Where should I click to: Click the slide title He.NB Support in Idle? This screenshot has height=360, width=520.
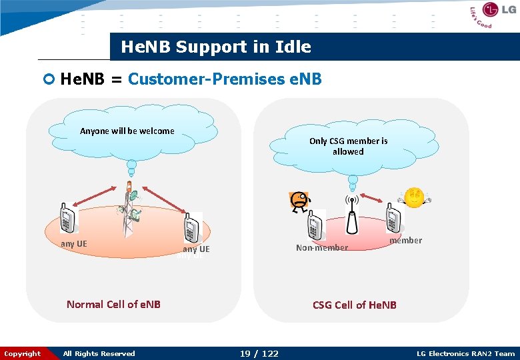pyautogui.click(x=215, y=47)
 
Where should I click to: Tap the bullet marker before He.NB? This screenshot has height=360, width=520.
pyautogui.click(x=48, y=79)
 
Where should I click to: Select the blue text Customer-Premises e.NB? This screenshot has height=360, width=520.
pyautogui.click(x=225, y=79)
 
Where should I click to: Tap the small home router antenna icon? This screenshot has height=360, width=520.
pyautogui.click(x=351, y=213)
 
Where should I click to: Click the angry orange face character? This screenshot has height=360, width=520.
pyautogui.click(x=300, y=201)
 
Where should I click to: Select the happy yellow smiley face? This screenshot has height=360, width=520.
pyautogui.click(x=415, y=198)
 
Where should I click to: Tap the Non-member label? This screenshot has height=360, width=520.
pyautogui.click(x=322, y=248)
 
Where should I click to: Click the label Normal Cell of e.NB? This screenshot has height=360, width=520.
pyautogui.click(x=113, y=304)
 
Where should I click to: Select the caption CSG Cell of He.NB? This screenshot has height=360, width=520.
pyautogui.click(x=354, y=305)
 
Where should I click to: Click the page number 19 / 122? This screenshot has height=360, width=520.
pyautogui.click(x=259, y=353)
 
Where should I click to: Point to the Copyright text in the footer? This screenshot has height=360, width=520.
pyautogui.click(x=22, y=353)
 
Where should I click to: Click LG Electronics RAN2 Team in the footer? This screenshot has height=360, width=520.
pyautogui.click(x=465, y=353)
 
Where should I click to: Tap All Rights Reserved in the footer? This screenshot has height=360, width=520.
pyautogui.click(x=99, y=353)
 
